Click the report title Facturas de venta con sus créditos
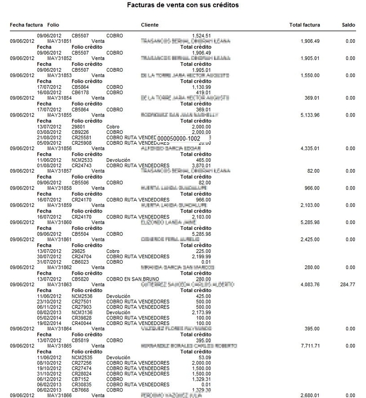(183, 5)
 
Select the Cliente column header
(150, 24)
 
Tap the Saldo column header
(348, 24)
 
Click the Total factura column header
(305, 24)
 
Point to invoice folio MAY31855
(59, 115)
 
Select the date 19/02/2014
(48, 323)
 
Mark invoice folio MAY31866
(59, 395)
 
